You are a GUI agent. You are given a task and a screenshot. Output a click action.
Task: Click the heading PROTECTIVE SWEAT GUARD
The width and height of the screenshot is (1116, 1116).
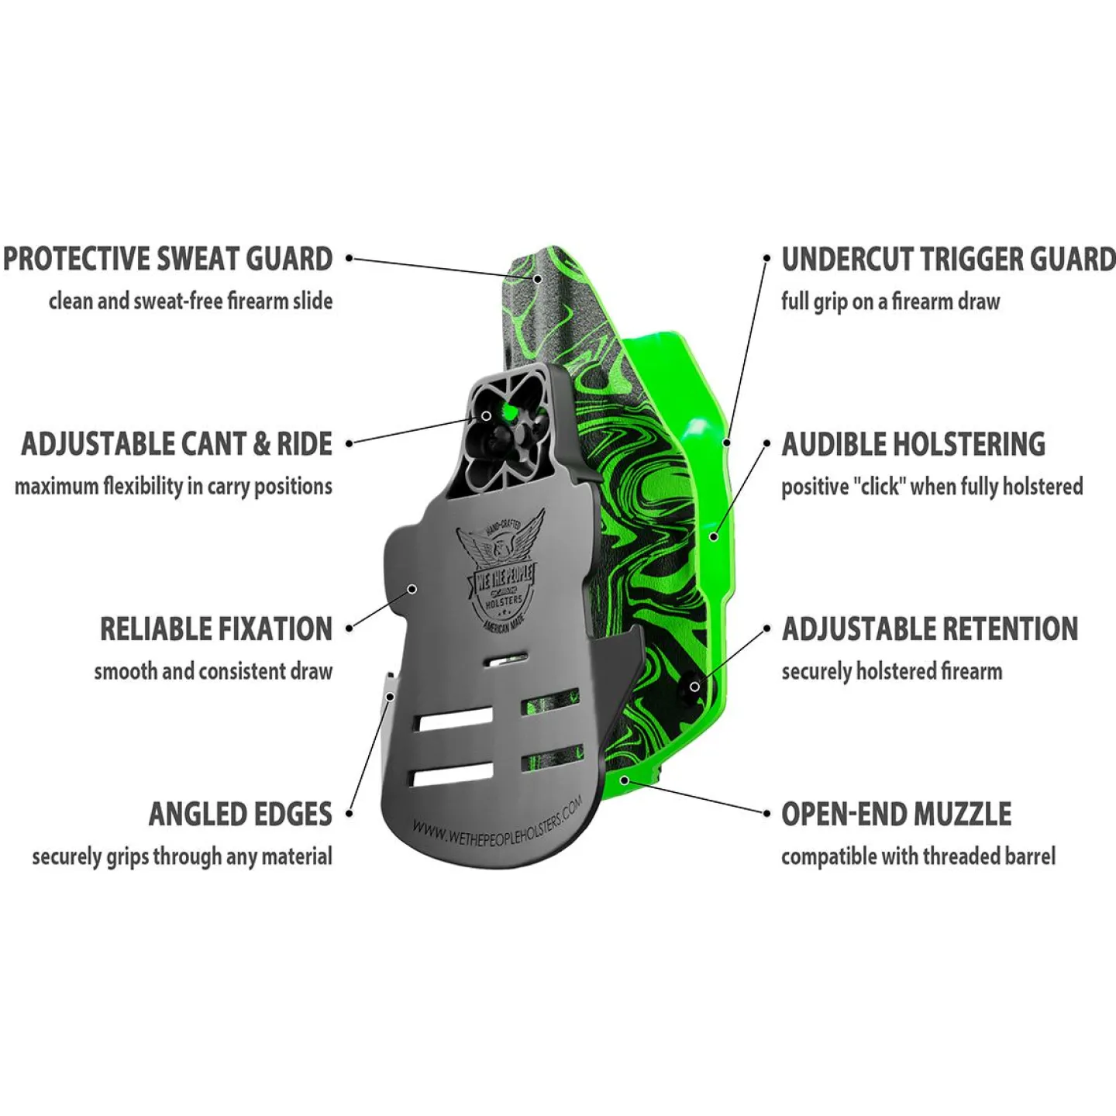pos(168,259)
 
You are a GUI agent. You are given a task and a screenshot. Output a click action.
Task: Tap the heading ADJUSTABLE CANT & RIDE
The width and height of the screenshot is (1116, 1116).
pos(177,444)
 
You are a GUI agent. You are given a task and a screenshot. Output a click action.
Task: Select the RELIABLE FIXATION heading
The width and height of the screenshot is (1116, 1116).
pos(216,629)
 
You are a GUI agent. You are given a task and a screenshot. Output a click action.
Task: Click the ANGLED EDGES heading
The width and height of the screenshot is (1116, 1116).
pos(240,814)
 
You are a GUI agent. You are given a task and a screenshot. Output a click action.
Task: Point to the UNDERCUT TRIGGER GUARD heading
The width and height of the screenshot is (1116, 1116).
pos(949,259)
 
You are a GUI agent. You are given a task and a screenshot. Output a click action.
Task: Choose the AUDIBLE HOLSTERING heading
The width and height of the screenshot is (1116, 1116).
pos(913,444)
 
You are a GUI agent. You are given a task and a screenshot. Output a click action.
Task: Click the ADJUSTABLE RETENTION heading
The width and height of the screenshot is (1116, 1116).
pos(930,629)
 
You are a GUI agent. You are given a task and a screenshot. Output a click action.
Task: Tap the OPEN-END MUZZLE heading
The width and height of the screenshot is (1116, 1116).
pos(897,814)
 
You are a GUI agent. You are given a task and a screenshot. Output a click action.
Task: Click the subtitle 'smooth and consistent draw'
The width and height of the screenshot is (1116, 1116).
pos(214,672)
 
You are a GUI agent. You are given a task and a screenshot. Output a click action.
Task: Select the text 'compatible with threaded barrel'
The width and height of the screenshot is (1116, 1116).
pos(918,856)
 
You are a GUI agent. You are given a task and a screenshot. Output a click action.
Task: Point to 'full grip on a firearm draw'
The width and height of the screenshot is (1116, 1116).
pos(890,301)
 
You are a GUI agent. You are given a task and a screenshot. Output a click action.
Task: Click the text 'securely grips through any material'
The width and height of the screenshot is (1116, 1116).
pos(182,856)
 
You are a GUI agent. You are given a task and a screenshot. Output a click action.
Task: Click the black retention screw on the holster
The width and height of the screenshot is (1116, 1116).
pos(694,687)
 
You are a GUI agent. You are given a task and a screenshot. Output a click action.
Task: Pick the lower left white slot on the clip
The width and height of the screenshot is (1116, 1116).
pos(452,773)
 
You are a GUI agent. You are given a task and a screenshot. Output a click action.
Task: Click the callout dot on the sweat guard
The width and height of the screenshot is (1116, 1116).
pos(537,278)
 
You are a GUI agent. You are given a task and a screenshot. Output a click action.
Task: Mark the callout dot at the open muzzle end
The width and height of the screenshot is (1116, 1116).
pos(625,780)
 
